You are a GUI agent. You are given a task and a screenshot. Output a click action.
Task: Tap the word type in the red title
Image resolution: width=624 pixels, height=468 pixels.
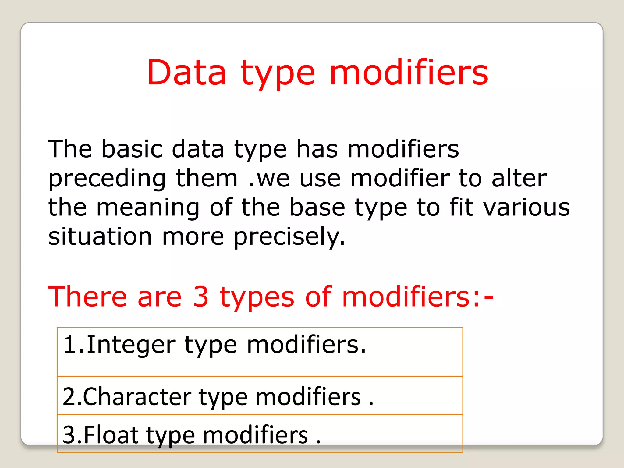[278, 75]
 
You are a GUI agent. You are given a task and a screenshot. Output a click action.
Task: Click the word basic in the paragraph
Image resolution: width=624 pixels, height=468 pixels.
[132, 149]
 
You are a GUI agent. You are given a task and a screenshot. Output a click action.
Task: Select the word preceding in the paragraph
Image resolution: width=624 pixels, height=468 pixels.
[107, 179]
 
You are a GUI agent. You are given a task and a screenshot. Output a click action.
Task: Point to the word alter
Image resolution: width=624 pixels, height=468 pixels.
[519, 178]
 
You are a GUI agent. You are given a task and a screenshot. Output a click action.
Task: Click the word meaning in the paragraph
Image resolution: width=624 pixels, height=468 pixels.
[148, 208]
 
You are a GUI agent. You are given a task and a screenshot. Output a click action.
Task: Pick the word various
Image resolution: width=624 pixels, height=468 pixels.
[527, 208]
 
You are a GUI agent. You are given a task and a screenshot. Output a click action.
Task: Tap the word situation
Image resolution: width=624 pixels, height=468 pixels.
[100, 236]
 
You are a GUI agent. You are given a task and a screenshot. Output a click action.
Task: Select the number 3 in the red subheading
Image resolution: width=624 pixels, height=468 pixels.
[201, 296]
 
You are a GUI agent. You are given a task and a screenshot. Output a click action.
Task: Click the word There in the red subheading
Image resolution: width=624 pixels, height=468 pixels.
[87, 296]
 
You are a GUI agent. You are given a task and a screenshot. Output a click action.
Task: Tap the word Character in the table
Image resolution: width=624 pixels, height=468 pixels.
[137, 397]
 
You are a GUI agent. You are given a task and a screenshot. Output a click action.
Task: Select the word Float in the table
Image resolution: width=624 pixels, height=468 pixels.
[111, 435]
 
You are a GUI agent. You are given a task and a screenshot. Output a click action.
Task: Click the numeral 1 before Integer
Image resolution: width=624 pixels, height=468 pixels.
[69, 345]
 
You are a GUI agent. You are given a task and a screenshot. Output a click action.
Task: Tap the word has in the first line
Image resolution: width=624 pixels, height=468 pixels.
[317, 149]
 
